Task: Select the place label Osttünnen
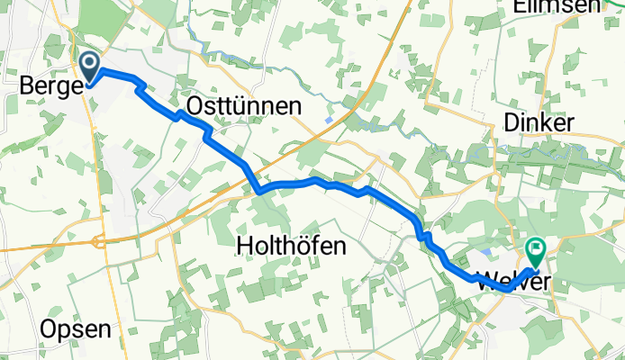(x=243, y=107)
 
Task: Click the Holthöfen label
(x=291, y=245)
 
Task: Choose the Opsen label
(x=77, y=329)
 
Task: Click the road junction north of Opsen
(x=97, y=241)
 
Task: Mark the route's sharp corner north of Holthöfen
(x=258, y=192)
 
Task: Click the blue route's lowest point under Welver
(x=506, y=290)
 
